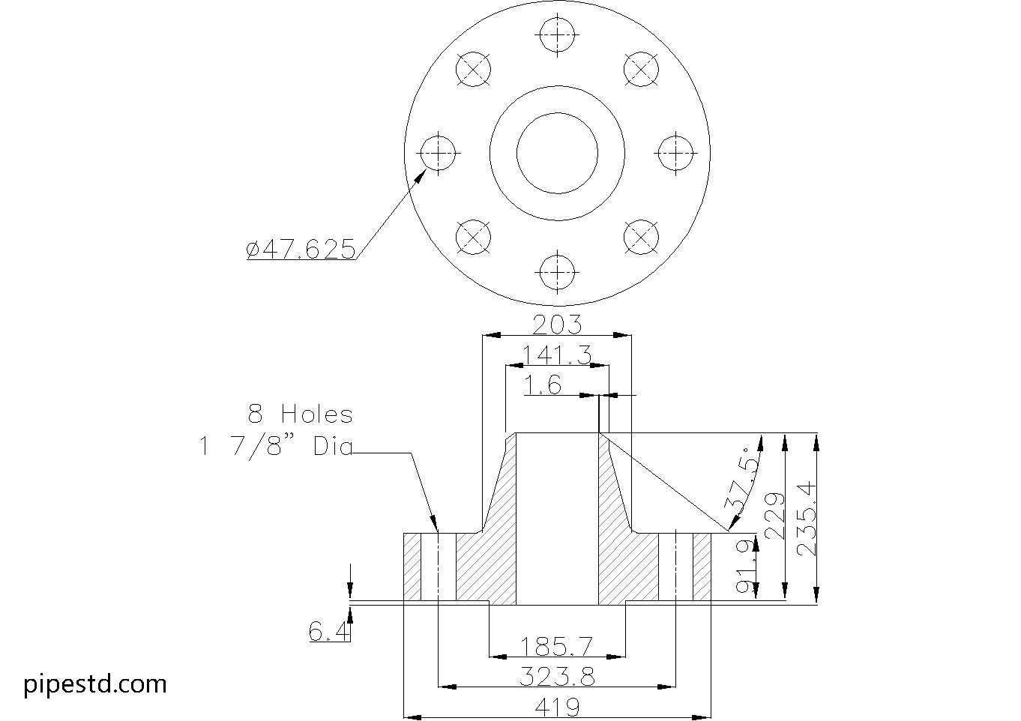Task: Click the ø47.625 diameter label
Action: pos(301,249)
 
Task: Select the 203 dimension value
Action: pos(556,325)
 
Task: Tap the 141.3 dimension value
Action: pos(556,355)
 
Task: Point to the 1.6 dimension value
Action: pos(543,385)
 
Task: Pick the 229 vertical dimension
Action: pos(774,516)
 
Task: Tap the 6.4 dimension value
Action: pos(329,633)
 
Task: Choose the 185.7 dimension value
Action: pos(556,645)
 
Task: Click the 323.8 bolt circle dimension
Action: pos(556,677)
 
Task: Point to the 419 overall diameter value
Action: pos(556,706)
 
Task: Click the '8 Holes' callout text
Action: pos(300,414)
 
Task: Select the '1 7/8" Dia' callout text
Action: pos(275,447)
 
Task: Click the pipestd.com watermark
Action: pos(95,684)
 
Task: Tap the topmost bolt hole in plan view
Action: pos(557,34)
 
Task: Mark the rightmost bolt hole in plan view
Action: pos(676,153)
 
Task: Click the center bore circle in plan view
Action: pos(557,153)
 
